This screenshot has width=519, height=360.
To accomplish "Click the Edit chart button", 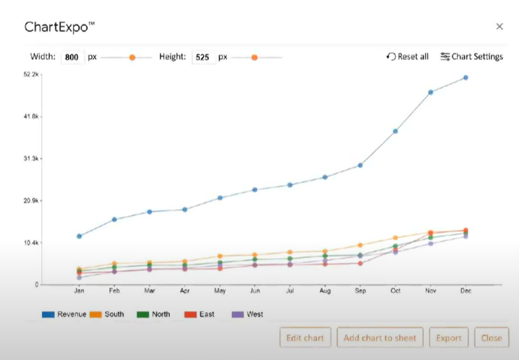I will point(305,338).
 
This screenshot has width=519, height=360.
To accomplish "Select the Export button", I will point(449,338).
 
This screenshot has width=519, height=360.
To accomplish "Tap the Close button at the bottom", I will point(491,338).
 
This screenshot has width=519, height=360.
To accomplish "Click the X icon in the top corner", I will point(499,27).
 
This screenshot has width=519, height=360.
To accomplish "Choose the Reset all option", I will point(407,57).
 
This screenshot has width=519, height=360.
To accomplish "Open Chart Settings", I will point(471,57).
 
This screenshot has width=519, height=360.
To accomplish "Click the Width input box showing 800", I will point(72,57).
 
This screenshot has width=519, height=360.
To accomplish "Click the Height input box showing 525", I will point(203,57).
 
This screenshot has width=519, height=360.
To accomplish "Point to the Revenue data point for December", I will point(466,78).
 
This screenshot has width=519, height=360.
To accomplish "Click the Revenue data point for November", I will point(431,92).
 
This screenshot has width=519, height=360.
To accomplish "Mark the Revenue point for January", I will point(79,236).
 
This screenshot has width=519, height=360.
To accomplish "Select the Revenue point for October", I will point(396,131).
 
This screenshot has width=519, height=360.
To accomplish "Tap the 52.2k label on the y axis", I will point(31,74).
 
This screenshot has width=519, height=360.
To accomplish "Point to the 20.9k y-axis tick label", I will point(31,201).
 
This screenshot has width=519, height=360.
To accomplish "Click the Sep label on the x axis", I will point(360,291).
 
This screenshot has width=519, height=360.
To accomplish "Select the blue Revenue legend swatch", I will point(48,314).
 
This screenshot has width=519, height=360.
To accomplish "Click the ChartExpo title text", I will point(60,27).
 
